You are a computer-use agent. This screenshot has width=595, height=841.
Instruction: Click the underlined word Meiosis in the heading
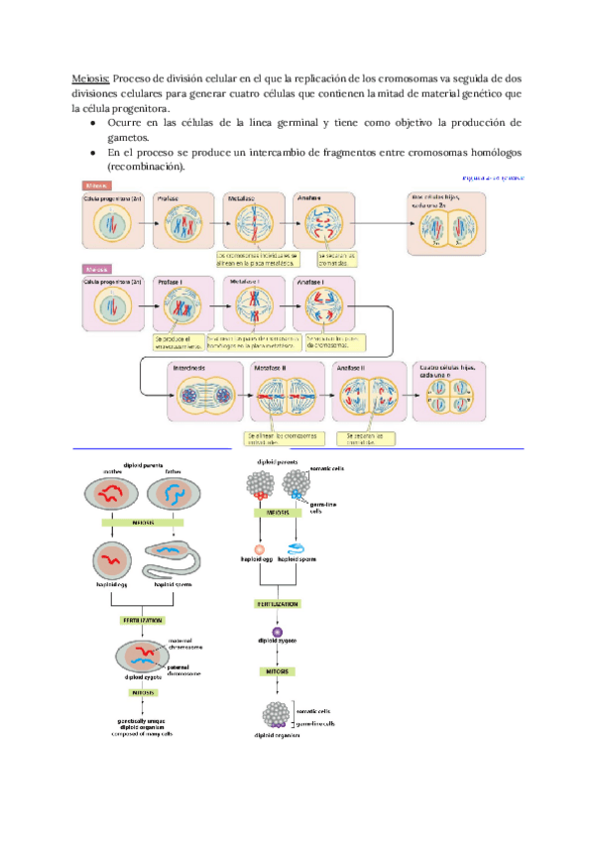point(91,77)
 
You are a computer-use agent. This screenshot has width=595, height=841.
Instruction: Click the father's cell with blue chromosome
point(177,495)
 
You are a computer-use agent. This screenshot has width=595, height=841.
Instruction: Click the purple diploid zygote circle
point(279,632)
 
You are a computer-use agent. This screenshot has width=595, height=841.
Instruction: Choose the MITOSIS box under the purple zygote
point(279,671)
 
